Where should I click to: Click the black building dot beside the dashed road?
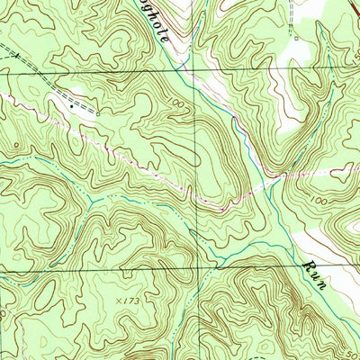[72, 106]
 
